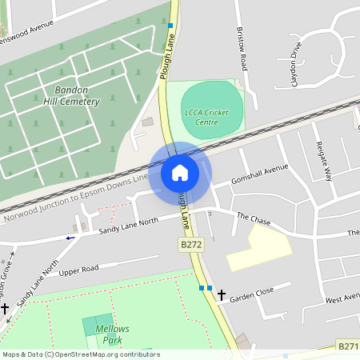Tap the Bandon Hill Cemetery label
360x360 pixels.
click(x=71, y=96)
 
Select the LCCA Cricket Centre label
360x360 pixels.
click(x=211, y=117)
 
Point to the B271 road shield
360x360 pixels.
click(x=347, y=346)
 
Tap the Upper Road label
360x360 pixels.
click(x=78, y=270)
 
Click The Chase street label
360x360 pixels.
click(x=254, y=218)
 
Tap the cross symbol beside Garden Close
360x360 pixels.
click(x=222, y=295)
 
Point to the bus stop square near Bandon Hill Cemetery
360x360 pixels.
click(x=170, y=26)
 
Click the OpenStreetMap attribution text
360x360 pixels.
click(x=80, y=354)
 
